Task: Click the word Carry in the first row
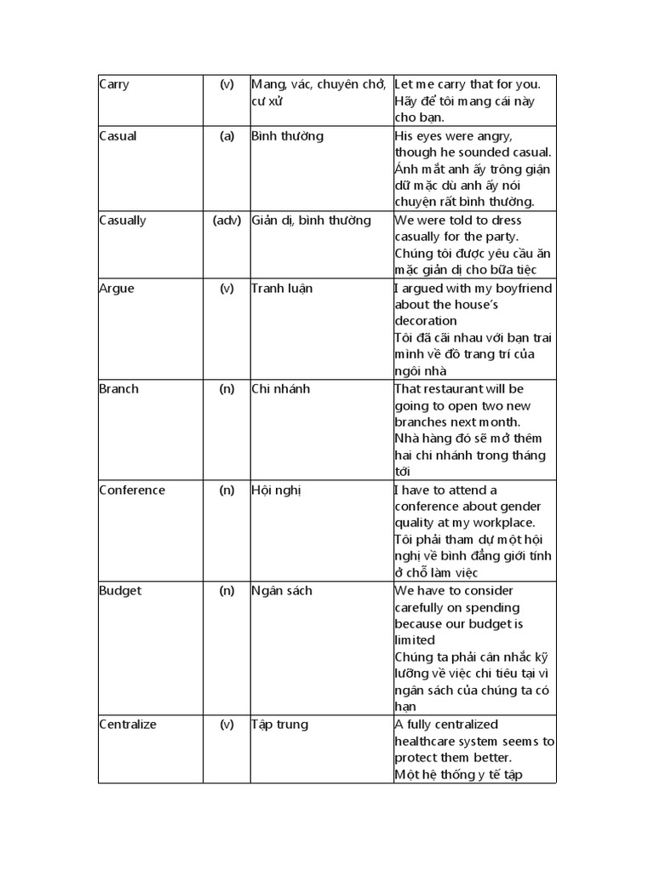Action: [x=114, y=85]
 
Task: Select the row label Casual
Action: [x=118, y=136]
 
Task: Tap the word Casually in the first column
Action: [x=123, y=221]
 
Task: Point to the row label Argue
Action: [x=116, y=289]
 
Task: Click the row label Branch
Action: [x=118, y=389]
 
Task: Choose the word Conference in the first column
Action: [x=132, y=490]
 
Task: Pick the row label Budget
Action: [x=120, y=591]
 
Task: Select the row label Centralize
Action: [x=128, y=725]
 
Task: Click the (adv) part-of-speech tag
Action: [x=227, y=221]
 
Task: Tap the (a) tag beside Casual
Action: [x=227, y=136]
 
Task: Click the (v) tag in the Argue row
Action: [x=227, y=289]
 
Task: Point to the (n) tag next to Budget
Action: [x=227, y=591]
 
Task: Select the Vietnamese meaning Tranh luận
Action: [x=282, y=289]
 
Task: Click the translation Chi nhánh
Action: [x=281, y=389]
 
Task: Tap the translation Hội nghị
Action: [x=277, y=490]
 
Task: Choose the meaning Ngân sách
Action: [x=282, y=591]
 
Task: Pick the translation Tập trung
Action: [x=280, y=725]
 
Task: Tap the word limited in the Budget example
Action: [x=415, y=640]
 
